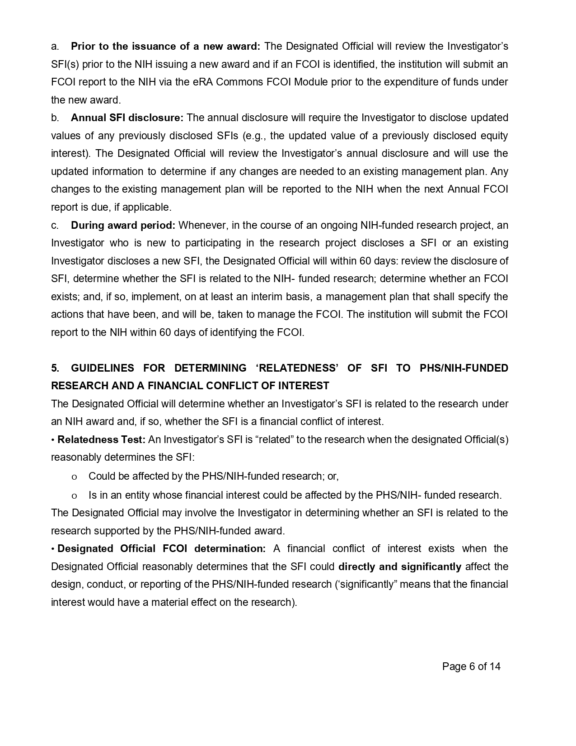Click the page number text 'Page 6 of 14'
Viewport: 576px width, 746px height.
(x=471, y=666)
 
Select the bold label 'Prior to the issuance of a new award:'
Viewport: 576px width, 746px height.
(x=165, y=46)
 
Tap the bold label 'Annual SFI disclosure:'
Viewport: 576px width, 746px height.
(x=127, y=118)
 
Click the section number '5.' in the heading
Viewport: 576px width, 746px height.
(x=55, y=368)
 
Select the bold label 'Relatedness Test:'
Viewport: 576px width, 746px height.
(x=101, y=439)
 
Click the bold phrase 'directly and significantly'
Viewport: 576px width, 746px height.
(x=400, y=567)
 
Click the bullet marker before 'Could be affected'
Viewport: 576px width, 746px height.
(x=75, y=477)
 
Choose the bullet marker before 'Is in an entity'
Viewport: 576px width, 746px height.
(x=75, y=496)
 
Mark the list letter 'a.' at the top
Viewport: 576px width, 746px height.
(x=55, y=46)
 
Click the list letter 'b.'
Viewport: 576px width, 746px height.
(x=55, y=118)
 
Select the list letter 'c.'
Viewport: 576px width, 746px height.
(x=55, y=225)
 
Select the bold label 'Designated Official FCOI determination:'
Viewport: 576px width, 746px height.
(x=162, y=548)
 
